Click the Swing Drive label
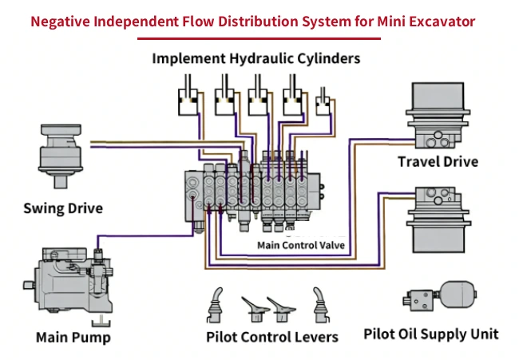pyautogui.click(x=63, y=209)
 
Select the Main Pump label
pyautogui.click(x=73, y=337)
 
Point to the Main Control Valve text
pyautogui.click(x=301, y=245)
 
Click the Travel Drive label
pyautogui.click(x=438, y=162)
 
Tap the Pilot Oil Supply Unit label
pyautogui.click(x=431, y=333)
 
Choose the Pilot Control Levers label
pyautogui.click(x=272, y=337)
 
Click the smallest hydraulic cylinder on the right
pyautogui.click(x=323, y=103)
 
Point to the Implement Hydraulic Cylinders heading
pyautogui.click(x=256, y=58)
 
